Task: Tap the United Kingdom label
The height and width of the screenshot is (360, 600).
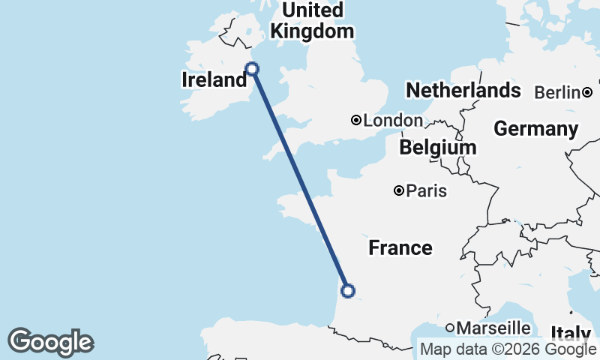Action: (x=312, y=21)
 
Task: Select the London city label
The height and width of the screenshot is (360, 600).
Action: (x=393, y=120)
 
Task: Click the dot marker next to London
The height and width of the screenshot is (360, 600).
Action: (x=357, y=120)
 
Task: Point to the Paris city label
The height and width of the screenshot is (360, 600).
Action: (x=426, y=190)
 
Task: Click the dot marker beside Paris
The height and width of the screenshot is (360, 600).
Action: (x=400, y=190)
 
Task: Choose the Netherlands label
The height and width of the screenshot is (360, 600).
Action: (x=463, y=91)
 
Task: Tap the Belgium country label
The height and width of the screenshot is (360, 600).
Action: (x=438, y=147)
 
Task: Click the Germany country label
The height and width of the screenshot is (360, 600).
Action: (x=535, y=128)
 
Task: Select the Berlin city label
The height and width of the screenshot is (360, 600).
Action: (x=557, y=92)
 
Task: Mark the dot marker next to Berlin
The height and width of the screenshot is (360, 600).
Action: (x=587, y=92)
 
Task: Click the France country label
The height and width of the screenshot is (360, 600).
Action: (x=400, y=247)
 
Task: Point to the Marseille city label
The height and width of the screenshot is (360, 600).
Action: (x=493, y=328)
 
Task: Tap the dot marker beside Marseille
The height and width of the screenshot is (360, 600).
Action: (x=450, y=328)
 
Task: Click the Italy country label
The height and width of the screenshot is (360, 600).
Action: (x=571, y=332)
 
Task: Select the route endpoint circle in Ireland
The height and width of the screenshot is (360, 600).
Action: (x=253, y=69)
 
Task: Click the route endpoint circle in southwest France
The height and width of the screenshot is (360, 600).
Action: (x=347, y=291)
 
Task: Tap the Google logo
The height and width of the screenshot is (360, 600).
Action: (x=50, y=342)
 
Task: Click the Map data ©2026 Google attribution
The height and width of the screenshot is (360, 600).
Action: (x=508, y=349)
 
